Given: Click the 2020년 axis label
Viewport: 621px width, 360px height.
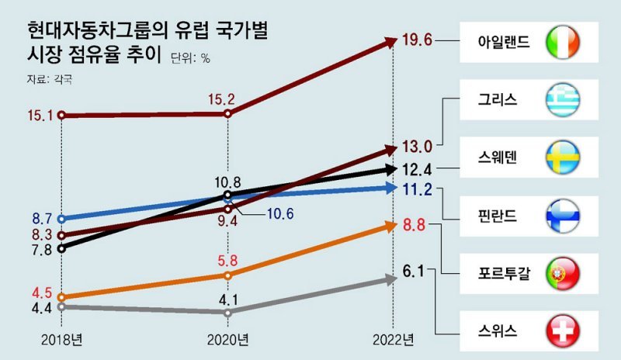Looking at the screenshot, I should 227,339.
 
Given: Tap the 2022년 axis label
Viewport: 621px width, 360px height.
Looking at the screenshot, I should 394,339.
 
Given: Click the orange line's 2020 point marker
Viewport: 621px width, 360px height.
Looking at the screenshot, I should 227,275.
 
